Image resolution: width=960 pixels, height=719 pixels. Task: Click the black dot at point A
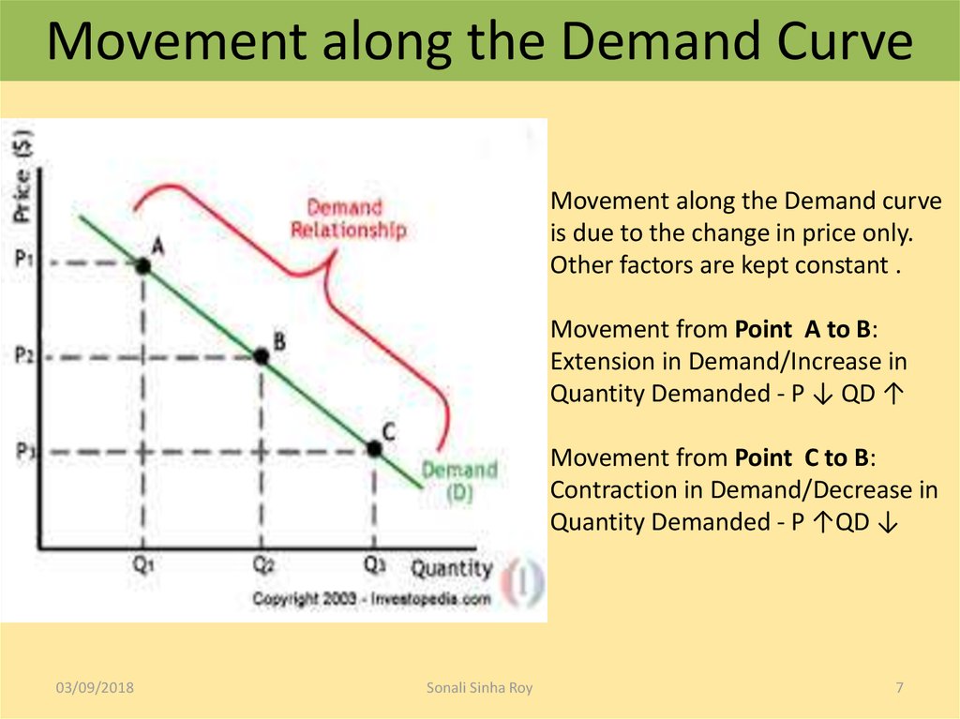(142, 266)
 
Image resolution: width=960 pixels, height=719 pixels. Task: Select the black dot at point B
(262, 356)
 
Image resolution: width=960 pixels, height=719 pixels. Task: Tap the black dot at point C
(374, 450)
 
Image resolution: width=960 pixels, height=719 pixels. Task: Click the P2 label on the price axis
(25, 356)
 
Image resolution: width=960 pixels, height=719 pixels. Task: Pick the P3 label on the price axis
(25, 451)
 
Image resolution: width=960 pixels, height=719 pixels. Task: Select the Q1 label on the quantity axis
(142, 565)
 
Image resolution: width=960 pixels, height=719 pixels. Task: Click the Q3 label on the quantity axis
(374, 565)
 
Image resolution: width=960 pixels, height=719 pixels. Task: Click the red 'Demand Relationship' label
(347, 218)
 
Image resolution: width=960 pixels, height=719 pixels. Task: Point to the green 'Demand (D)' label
(458, 481)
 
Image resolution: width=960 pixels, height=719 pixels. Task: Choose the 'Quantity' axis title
(451, 568)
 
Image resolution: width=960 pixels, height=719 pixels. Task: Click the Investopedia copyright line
(370, 598)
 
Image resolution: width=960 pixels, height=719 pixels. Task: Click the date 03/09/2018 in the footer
(94, 688)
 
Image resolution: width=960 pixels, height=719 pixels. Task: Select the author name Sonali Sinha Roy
(479, 688)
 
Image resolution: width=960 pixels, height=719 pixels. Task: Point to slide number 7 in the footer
(899, 688)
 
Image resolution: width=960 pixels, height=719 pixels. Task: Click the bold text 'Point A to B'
(803, 329)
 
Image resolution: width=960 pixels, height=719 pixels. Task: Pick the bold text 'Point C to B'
(803, 457)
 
